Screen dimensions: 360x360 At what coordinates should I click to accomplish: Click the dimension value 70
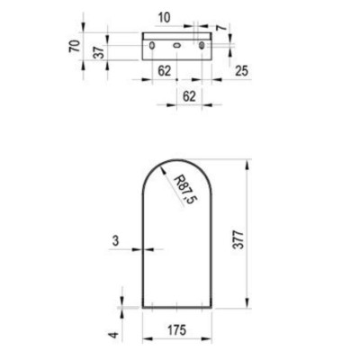(75, 46)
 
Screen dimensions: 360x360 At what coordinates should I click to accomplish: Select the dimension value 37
(100, 51)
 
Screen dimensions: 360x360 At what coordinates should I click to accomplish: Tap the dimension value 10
(164, 18)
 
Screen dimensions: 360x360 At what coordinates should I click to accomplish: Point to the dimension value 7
(221, 28)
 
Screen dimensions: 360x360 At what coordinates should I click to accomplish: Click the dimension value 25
(242, 71)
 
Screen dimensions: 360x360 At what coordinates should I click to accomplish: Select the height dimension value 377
(238, 239)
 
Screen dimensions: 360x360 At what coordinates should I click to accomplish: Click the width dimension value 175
(177, 330)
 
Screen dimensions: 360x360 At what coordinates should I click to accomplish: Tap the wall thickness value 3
(115, 240)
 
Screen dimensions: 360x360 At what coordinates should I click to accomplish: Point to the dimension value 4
(114, 335)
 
